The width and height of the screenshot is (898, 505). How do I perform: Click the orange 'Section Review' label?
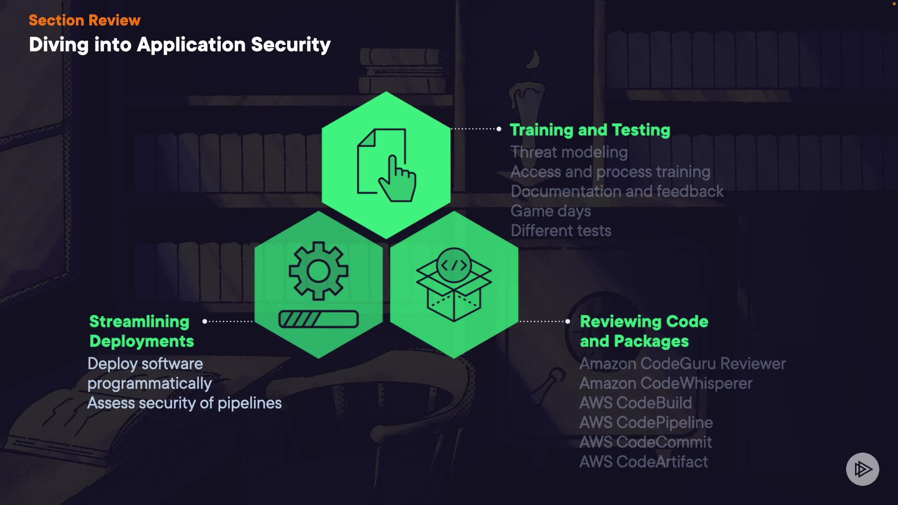[x=85, y=20]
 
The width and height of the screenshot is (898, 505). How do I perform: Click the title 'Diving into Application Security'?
[x=180, y=45]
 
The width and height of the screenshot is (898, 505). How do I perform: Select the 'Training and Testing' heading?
[x=590, y=130]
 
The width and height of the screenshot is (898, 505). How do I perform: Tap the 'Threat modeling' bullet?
[x=569, y=152]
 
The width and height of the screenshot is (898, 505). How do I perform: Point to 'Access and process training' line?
[x=610, y=172]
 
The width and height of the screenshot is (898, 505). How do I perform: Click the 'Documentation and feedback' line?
[x=617, y=191]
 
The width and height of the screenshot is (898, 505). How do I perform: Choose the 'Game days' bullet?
[x=550, y=211]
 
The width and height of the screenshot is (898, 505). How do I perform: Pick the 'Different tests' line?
[x=561, y=231]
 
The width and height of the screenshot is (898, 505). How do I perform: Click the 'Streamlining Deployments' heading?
[x=141, y=331]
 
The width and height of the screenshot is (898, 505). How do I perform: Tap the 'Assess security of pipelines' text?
[x=184, y=403]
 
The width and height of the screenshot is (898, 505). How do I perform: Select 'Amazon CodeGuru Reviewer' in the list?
[x=682, y=363]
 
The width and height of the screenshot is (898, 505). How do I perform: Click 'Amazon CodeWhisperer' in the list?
[x=666, y=383]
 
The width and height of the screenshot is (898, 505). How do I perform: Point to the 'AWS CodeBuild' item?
[x=635, y=403]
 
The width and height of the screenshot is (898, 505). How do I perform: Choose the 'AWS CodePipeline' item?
[x=646, y=422]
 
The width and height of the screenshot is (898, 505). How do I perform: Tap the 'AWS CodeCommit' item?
[x=645, y=442]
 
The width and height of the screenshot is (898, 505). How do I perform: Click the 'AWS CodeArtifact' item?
[x=644, y=462]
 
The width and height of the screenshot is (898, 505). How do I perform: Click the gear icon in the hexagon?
[x=319, y=271]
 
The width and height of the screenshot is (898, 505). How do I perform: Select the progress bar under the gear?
[x=319, y=319]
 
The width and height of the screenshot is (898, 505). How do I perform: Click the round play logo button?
[x=862, y=469]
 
